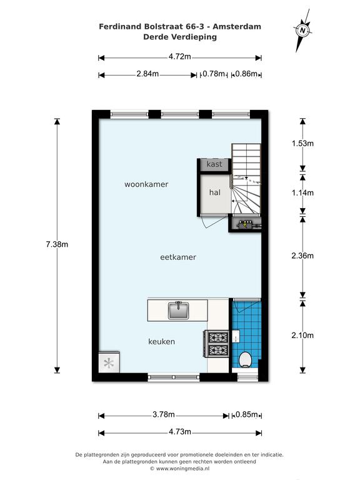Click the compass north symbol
302,30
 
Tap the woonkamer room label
146,184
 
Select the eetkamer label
178,257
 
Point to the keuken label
162,342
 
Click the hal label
215,192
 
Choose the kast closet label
214,164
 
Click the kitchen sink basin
179,311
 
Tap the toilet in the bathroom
245,359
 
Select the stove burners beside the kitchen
218,344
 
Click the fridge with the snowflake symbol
109,362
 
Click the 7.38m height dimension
57,244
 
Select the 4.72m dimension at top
180,57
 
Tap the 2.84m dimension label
147,74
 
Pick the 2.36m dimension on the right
302,256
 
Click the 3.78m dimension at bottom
164,414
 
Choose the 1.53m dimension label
302,143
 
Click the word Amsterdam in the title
237,27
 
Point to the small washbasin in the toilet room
236,337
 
